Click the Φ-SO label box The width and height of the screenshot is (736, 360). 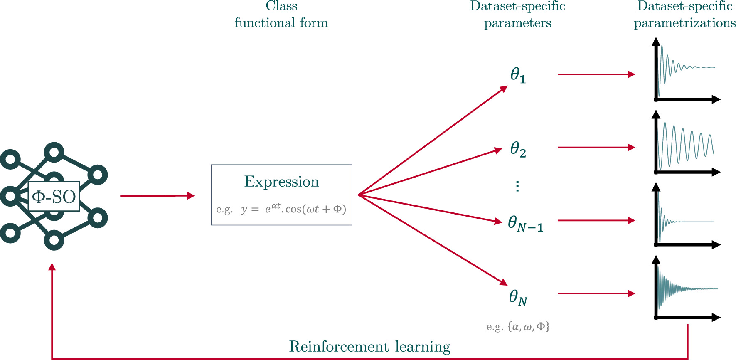[54, 196]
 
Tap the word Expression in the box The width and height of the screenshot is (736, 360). [281, 182]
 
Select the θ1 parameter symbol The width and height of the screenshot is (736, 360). [518, 75]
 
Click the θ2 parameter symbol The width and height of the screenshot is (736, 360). [518, 149]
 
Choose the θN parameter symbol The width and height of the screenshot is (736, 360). [518, 297]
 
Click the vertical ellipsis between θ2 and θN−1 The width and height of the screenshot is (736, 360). [517, 186]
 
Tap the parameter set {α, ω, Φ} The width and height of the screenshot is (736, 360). [528, 327]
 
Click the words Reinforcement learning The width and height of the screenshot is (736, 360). [369, 346]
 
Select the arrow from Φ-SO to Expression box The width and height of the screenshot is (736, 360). [157, 196]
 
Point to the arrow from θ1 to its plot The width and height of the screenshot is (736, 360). [596, 74]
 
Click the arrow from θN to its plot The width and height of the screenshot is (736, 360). [596, 293]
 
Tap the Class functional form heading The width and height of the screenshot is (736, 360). [281, 15]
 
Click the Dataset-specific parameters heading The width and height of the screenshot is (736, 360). [518, 15]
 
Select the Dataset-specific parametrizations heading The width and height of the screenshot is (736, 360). [684, 15]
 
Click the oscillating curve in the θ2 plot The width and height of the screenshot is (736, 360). [688, 144]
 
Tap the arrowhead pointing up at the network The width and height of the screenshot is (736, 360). [52, 267]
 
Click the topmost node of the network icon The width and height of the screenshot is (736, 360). [54, 153]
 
